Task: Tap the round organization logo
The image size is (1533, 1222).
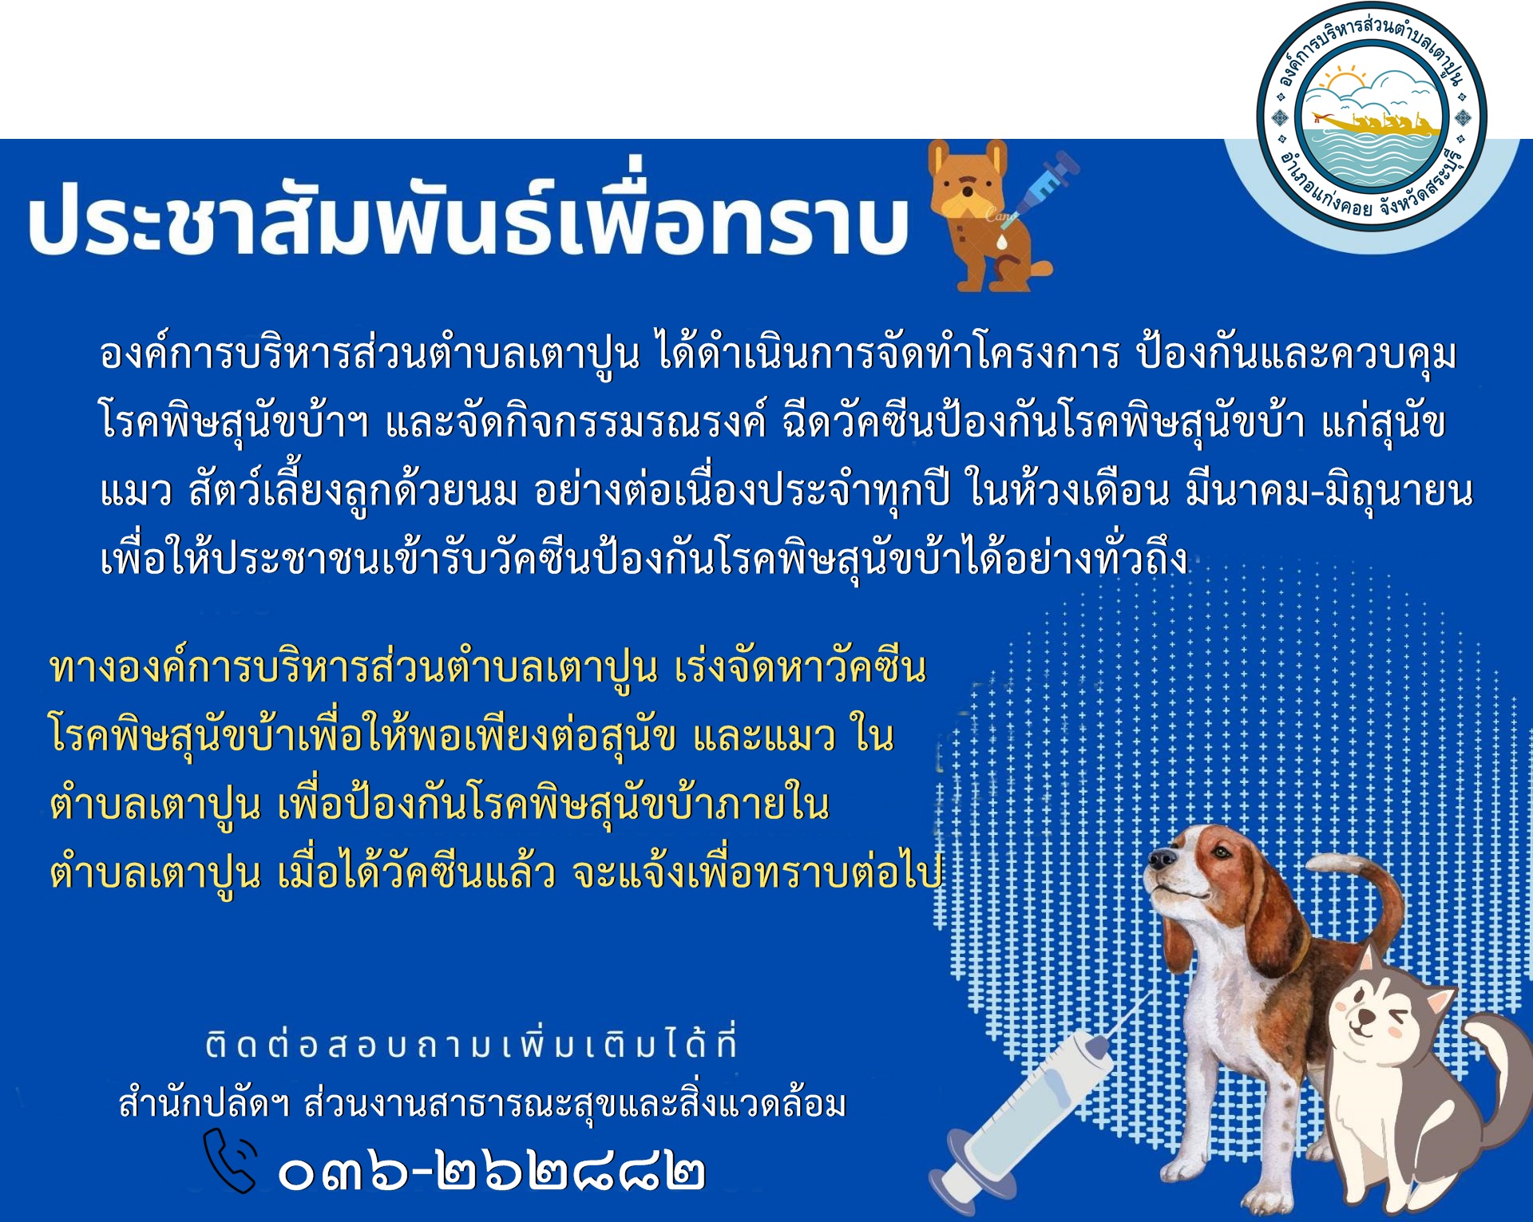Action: tap(1371, 117)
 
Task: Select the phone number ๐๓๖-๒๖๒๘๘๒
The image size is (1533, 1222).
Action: tap(492, 1173)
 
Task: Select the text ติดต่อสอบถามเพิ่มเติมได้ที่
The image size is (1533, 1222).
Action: tap(472, 1045)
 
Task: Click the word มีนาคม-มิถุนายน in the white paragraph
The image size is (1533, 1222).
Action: tap(1329, 491)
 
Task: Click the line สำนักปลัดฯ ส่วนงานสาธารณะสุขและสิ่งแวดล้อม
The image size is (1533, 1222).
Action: tap(482, 1105)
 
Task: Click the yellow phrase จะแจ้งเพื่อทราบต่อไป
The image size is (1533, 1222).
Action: tap(758, 872)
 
